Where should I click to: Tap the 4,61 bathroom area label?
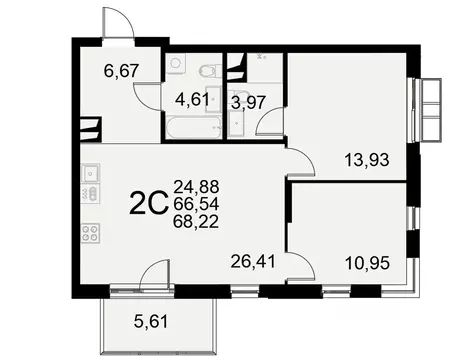[193, 99]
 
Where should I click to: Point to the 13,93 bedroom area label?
[340, 159]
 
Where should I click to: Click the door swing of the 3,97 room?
[269, 125]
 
